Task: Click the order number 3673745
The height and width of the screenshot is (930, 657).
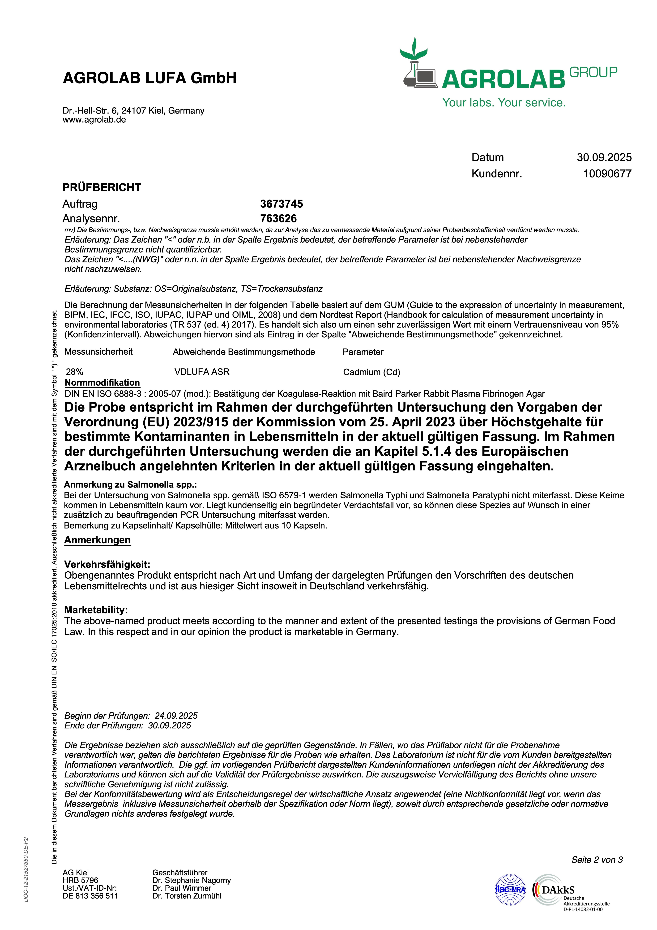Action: tap(281, 204)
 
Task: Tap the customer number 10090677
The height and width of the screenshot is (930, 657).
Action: tap(607, 174)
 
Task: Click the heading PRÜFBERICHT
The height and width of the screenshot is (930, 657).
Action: tap(102, 187)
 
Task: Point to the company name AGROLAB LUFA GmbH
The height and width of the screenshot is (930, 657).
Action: tap(149, 78)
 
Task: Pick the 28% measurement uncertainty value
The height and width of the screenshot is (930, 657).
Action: tap(74, 372)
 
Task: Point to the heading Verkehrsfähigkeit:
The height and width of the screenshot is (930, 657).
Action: tap(107, 564)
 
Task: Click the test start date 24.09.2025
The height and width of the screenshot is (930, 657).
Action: tap(176, 716)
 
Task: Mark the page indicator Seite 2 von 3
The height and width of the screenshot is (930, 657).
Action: tap(597, 860)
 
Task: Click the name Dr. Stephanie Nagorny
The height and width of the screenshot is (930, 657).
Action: tap(192, 880)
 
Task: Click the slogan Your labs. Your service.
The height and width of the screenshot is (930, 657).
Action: tap(504, 102)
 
